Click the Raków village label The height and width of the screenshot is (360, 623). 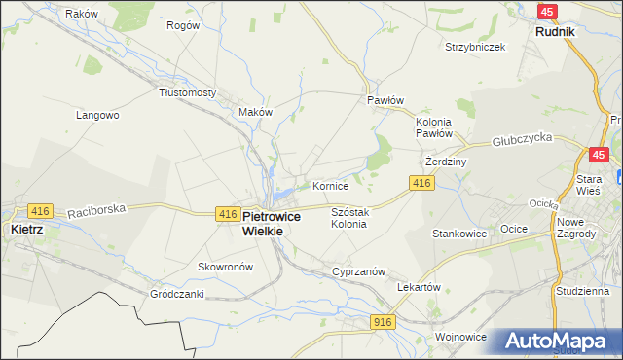pyautogui.click(x=82, y=14)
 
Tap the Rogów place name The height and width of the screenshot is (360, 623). pyautogui.click(x=183, y=25)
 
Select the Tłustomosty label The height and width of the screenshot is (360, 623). pyautogui.click(x=187, y=92)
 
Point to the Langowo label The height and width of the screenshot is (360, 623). pyautogui.click(x=97, y=115)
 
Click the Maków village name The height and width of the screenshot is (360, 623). pyautogui.click(x=255, y=112)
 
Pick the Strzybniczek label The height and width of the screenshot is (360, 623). pyautogui.click(x=475, y=47)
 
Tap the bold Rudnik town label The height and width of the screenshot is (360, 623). pyautogui.click(x=555, y=31)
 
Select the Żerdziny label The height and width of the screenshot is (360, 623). pyautogui.click(x=448, y=162)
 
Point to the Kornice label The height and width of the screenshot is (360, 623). pyautogui.click(x=330, y=185)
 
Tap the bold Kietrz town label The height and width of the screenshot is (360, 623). pyautogui.click(x=25, y=230)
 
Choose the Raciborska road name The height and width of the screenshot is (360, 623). pyautogui.click(x=97, y=208)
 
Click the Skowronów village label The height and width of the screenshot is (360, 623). pyautogui.click(x=225, y=267)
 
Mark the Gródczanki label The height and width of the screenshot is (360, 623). pyautogui.click(x=176, y=293)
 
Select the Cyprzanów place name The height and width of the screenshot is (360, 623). pyautogui.click(x=360, y=272)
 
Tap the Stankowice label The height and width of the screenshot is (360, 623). pyautogui.click(x=459, y=234)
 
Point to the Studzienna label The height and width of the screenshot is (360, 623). pyautogui.click(x=582, y=291)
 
